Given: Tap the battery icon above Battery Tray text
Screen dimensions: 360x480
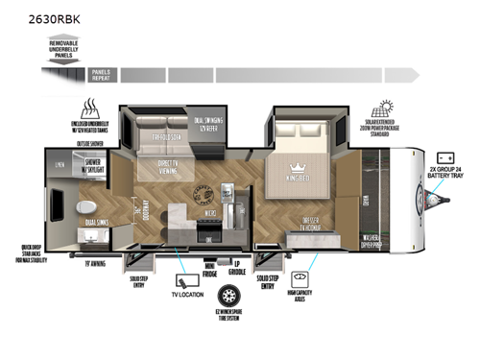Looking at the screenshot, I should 445,157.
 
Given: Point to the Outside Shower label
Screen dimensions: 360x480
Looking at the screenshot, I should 90,144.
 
